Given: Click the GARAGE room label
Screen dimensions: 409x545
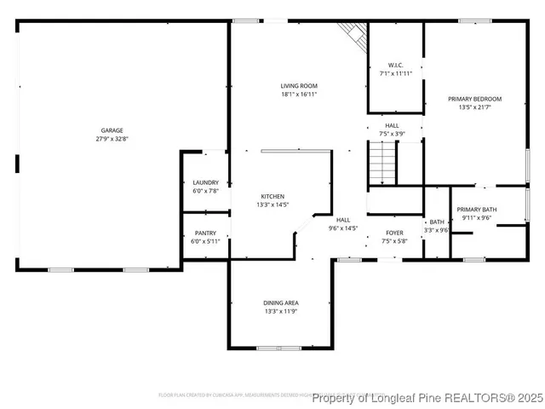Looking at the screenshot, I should pyautogui.click(x=112, y=130).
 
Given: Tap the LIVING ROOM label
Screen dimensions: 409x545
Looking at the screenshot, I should pyautogui.click(x=299, y=86).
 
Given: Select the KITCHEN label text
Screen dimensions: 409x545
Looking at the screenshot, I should pyautogui.click(x=272, y=196).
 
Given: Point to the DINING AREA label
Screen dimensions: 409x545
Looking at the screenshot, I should pyautogui.click(x=280, y=302).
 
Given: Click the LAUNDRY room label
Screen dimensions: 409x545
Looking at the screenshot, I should pyautogui.click(x=205, y=182).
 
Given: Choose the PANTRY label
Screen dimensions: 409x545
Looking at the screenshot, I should pyautogui.click(x=205, y=233).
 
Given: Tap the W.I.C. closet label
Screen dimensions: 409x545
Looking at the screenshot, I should pyautogui.click(x=395, y=65).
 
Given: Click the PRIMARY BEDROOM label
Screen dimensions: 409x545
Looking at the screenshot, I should pyautogui.click(x=474, y=99).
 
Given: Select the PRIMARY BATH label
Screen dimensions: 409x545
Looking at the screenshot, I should pyautogui.click(x=477, y=210).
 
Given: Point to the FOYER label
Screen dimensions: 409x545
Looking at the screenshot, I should pyautogui.click(x=395, y=233).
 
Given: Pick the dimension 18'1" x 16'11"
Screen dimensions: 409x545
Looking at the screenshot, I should pyautogui.click(x=299, y=95).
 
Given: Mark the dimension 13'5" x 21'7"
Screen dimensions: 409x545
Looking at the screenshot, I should pyautogui.click(x=474, y=107).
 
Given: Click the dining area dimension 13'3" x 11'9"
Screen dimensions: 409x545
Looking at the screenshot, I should pyautogui.click(x=280, y=311).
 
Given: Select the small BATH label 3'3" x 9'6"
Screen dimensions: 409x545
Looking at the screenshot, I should pyautogui.click(x=436, y=226).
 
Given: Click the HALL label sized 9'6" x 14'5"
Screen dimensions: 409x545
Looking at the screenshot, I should pyautogui.click(x=343, y=224).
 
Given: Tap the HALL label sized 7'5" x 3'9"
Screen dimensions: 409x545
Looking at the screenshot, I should pyautogui.click(x=392, y=130).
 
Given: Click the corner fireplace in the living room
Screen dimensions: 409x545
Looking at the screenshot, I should pyautogui.click(x=350, y=34).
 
